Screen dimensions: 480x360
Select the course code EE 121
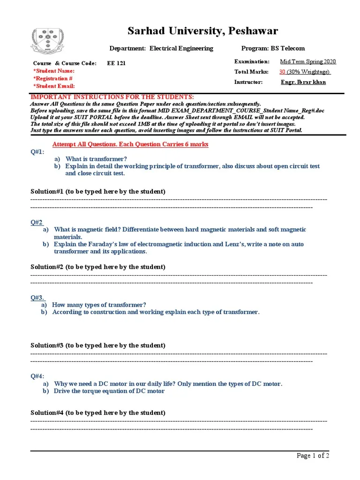click(x=117, y=63)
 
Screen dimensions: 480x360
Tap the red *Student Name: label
click(x=54, y=71)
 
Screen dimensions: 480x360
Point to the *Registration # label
click(x=52, y=78)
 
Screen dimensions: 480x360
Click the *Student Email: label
click(x=54, y=86)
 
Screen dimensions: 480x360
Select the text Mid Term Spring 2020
click(x=307, y=61)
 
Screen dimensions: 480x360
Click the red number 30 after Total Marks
click(x=282, y=72)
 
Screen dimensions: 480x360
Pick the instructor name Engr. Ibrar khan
click(x=303, y=82)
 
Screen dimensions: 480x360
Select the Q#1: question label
click(x=37, y=152)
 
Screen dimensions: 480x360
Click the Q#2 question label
click(x=37, y=222)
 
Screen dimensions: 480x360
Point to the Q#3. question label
click(x=37, y=297)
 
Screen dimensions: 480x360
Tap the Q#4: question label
click(x=37, y=376)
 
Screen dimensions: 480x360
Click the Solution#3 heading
click(x=97, y=345)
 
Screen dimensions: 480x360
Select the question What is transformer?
click(x=96, y=159)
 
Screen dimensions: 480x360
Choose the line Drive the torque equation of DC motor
click(x=109, y=391)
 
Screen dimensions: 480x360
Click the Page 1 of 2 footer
click(x=314, y=456)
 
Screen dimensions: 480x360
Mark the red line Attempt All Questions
click(x=130, y=144)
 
